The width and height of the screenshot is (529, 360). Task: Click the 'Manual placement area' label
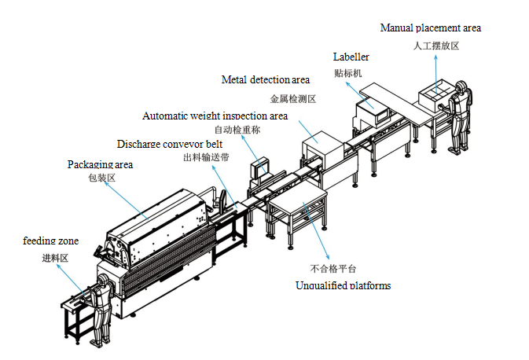tap(431, 28)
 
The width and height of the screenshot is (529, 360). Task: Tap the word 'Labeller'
tap(351, 57)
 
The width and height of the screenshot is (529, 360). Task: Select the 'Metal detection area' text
tap(266, 79)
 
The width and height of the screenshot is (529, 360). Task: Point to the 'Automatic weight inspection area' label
tap(215, 116)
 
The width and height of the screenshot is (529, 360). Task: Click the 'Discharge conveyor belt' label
tap(170, 144)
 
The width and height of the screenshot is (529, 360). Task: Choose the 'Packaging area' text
tap(100, 164)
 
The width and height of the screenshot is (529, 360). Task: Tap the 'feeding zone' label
tap(50, 241)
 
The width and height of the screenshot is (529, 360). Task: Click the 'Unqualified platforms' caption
tap(343, 285)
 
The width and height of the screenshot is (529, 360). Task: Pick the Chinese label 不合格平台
tap(333, 269)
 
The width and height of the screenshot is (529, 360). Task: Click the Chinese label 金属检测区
tap(293, 99)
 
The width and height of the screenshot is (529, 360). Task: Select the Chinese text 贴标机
tap(348, 73)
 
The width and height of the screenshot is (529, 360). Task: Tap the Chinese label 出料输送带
tap(206, 157)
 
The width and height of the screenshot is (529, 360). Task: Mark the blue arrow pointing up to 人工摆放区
tap(436, 74)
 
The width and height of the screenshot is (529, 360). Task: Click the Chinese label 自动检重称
tap(237, 130)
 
